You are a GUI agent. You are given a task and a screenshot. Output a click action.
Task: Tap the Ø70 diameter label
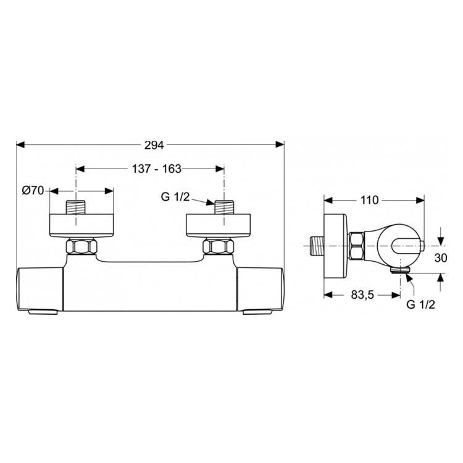(32, 191)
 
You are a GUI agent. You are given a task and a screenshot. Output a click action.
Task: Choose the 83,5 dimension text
(362, 294)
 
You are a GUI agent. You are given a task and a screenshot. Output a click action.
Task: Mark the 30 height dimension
(440, 259)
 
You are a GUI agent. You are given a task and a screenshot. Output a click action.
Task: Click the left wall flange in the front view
(81, 225)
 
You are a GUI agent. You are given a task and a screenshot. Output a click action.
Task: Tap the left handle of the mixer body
(40, 288)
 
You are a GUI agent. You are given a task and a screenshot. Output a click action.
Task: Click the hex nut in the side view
(357, 246)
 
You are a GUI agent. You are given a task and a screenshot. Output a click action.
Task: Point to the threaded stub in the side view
(316, 246)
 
